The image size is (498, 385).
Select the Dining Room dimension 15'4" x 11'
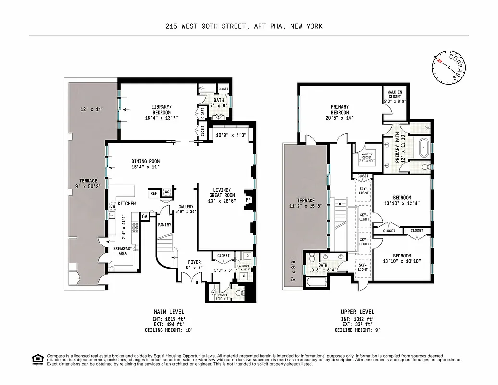coord(145,167)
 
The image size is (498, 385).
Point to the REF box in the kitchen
coord(154,193)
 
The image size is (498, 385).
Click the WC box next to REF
coord(167,192)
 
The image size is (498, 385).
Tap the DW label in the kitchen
coord(112,206)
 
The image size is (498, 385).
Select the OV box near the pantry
coord(144,217)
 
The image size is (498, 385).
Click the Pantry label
coord(164,224)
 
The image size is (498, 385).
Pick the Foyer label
coord(194,262)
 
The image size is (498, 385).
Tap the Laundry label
coord(243,266)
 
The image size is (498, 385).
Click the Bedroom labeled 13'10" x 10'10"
coord(402,258)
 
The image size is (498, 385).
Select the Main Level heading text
coord(169,312)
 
